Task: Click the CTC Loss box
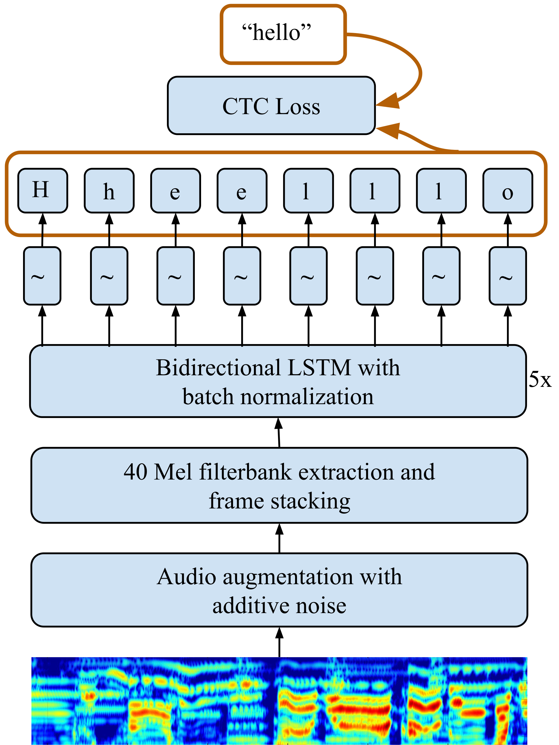coord(271,105)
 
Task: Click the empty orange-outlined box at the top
coord(283,34)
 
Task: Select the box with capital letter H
coord(43,191)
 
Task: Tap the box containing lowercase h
coord(109,191)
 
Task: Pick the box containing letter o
coord(508,191)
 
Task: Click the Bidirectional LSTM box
coord(278,381)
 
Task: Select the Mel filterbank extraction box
coord(279,485)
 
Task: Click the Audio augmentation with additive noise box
coord(279,590)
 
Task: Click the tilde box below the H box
coord(42,276)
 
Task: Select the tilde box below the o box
coord(508,276)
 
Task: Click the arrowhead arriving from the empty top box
coord(387,102)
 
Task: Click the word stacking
coord(311,501)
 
